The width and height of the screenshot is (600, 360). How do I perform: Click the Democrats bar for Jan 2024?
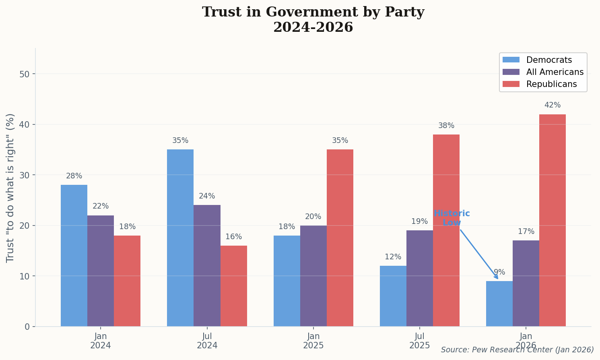pyautogui.click(x=74, y=255)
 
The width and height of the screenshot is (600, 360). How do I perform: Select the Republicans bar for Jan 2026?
pyautogui.click(x=552, y=220)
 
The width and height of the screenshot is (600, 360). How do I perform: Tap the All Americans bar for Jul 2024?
pyautogui.click(x=207, y=265)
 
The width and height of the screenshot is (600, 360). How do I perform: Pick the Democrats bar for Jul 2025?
pyautogui.click(x=393, y=296)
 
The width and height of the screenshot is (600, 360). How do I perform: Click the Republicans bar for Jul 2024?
pyautogui.click(x=233, y=286)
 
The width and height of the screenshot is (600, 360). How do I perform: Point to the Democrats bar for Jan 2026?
pyautogui.click(x=499, y=304)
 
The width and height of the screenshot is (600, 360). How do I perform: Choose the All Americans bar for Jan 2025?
pyautogui.click(x=313, y=276)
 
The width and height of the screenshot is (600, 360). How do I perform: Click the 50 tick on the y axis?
pyautogui.click(x=25, y=74)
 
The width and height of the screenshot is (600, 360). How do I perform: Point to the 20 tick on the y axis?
pyautogui.click(x=25, y=226)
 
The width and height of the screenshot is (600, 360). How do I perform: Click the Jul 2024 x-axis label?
pyautogui.click(x=207, y=341)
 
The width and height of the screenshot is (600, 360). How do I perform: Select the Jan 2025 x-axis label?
pyautogui.click(x=313, y=341)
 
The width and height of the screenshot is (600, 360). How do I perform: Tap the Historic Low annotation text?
pyautogui.click(x=452, y=218)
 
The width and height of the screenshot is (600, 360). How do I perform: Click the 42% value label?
pyautogui.click(x=552, y=105)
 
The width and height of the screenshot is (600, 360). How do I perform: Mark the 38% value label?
pyautogui.click(x=446, y=126)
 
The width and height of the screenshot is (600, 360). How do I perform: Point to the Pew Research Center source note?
pyautogui.click(x=517, y=350)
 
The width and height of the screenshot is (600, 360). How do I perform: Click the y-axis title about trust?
pyautogui.click(x=10, y=188)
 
